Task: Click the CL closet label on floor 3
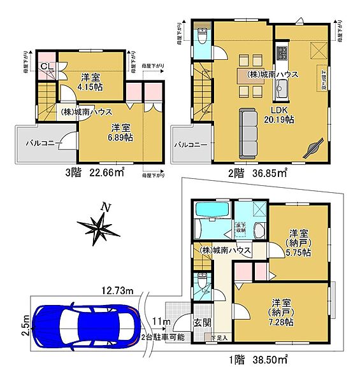48,66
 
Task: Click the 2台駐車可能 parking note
163,336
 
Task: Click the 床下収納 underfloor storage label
244,224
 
